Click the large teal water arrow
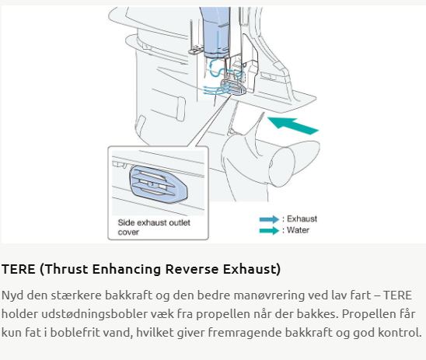[x=293, y=125]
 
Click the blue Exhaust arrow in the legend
[x=269, y=219]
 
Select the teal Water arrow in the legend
[x=269, y=231]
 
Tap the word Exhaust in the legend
[x=302, y=218]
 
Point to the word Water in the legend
[x=298, y=230]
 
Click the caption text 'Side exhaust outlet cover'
[x=154, y=227]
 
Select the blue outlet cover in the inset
[x=159, y=184]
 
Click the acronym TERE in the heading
[x=19, y=269]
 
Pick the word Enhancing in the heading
[x=127, y=270]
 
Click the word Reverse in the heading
[x=192, y=269]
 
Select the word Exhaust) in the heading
[x=252, y=269]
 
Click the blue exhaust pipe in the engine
[x=216, y=32]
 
